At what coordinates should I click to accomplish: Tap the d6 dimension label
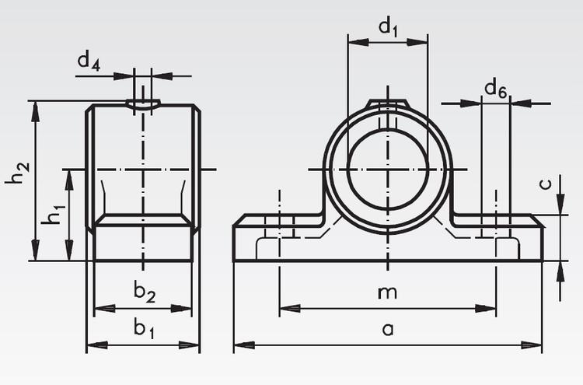pos(495,89)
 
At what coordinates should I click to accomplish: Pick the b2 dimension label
pos(143,292)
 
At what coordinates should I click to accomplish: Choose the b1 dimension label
pos(143,329)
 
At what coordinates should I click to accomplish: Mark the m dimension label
pos(386,292)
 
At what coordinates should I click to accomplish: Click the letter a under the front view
pos(387,330)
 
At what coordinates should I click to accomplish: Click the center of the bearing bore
pos(387,169)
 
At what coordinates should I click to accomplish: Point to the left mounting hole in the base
pos(279,230)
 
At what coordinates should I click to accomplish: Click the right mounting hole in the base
pos(495,230)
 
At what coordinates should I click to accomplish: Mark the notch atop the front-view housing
pos(387,104)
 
